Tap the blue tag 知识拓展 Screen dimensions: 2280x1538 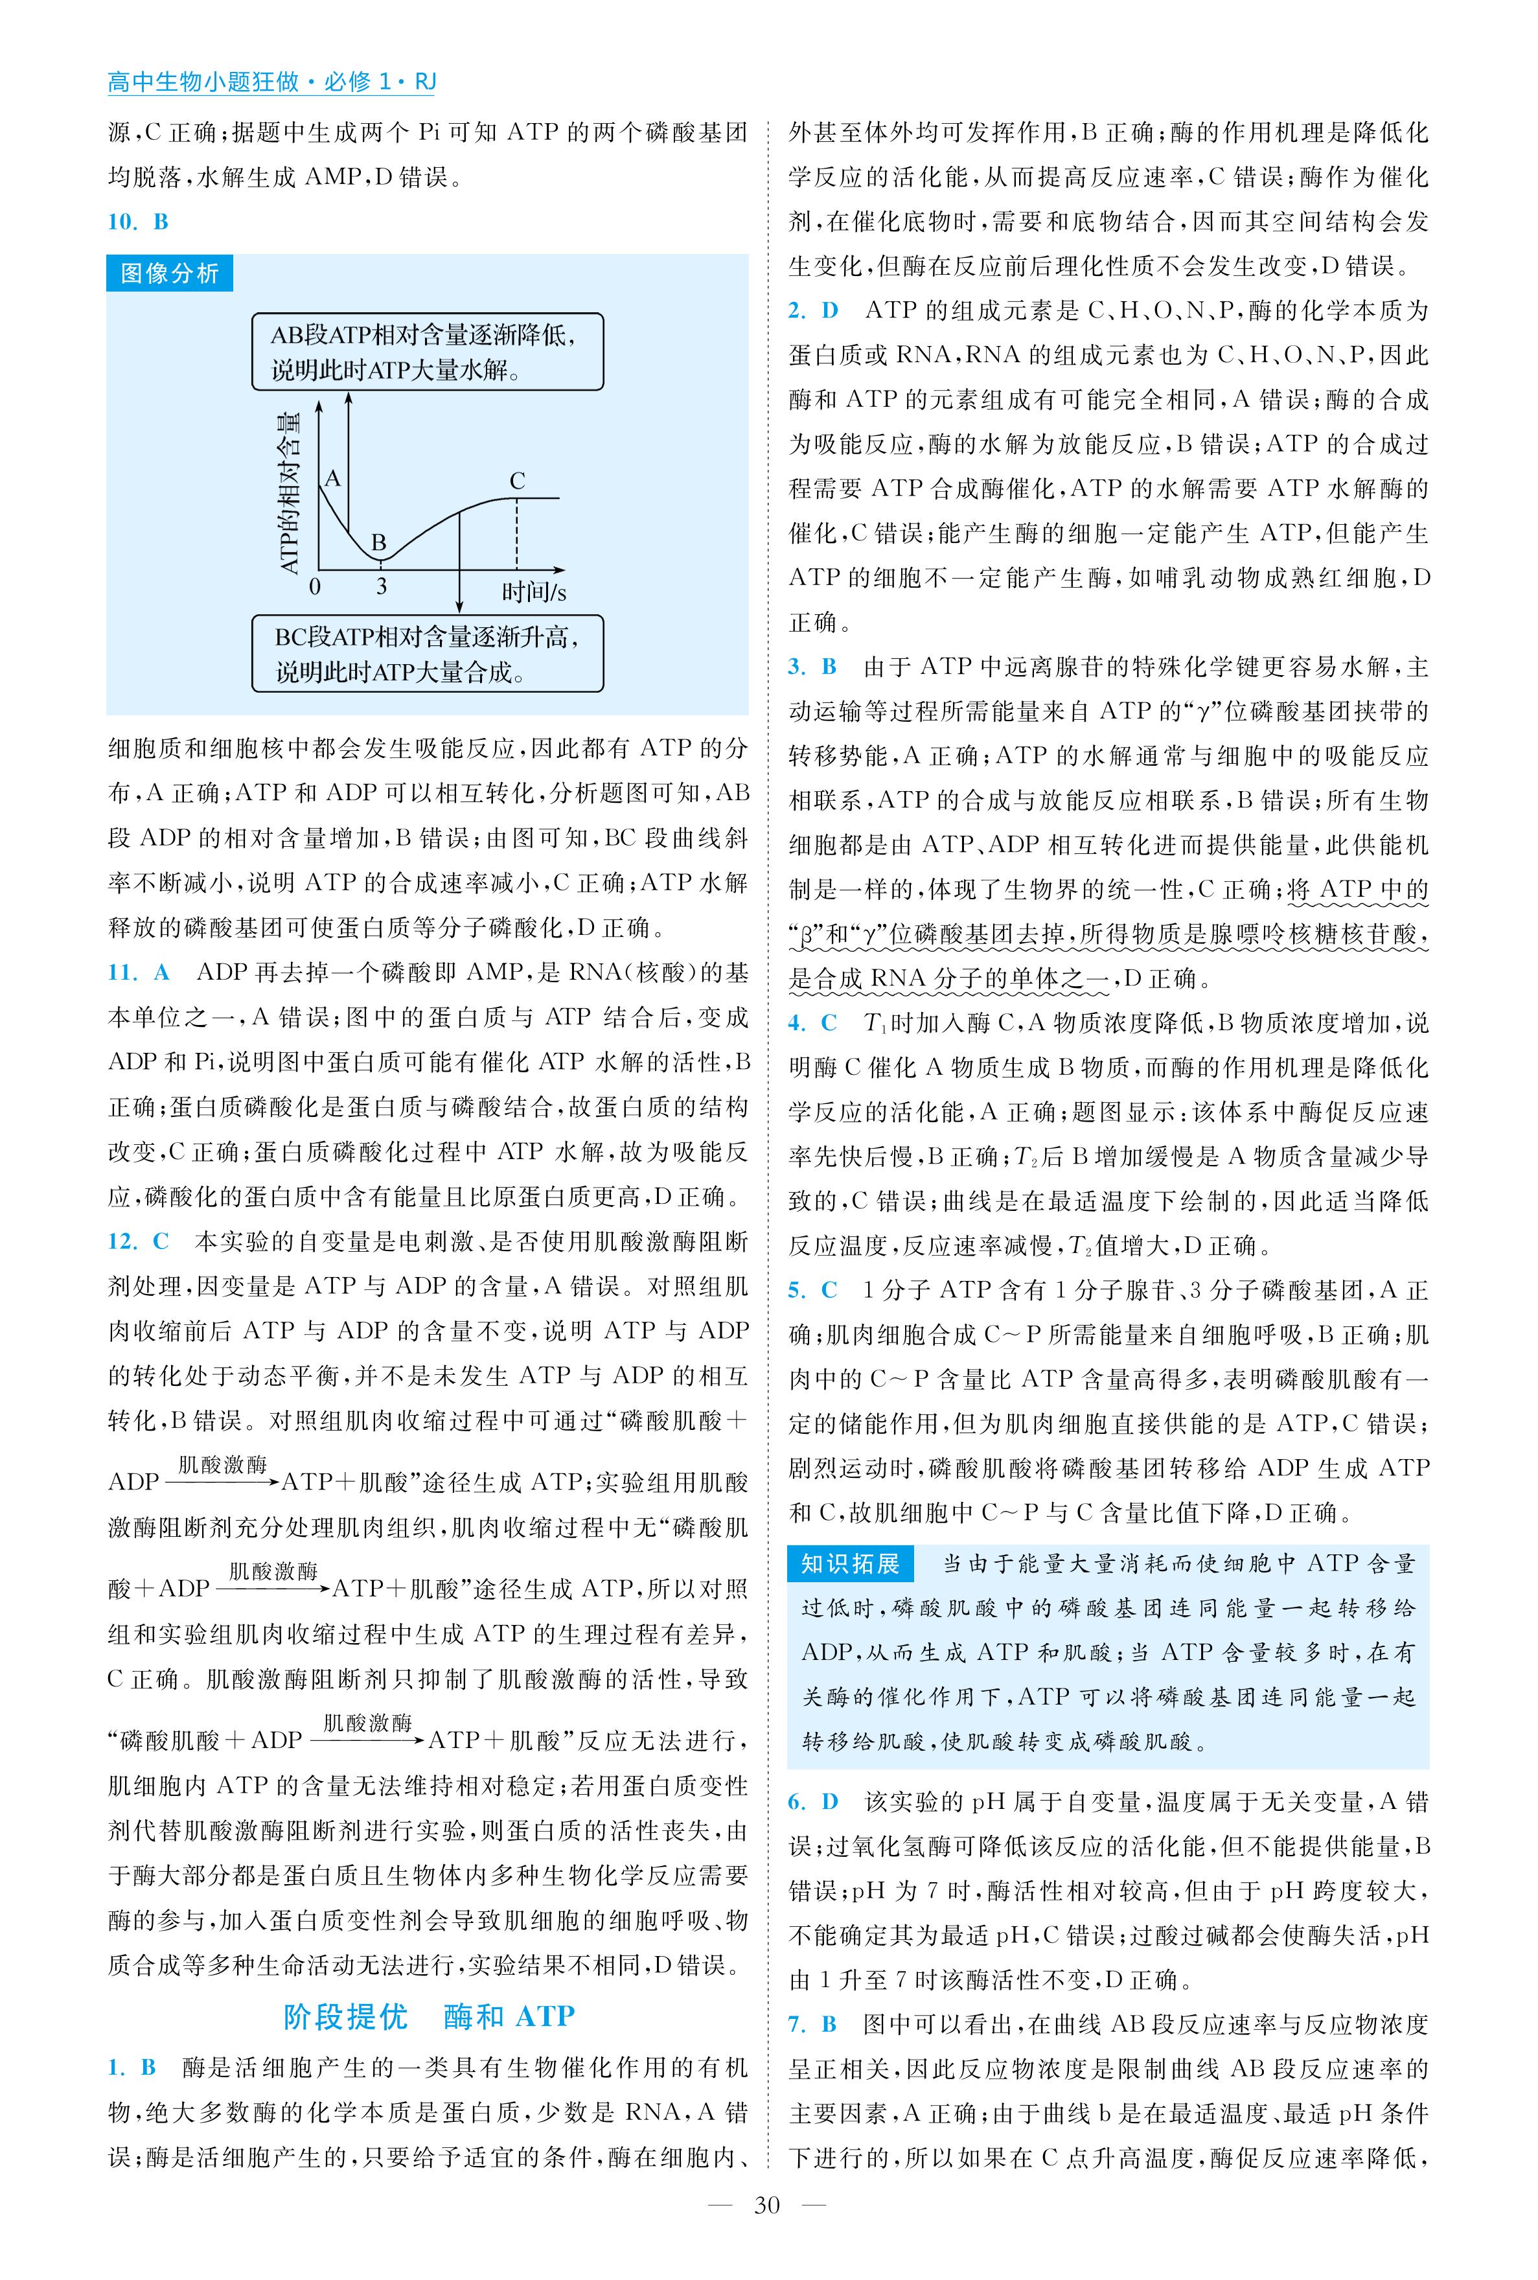[x=849, y=1562]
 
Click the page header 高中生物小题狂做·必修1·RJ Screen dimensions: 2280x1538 [x=271, y=82]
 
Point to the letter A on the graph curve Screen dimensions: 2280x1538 [x=332, y=479]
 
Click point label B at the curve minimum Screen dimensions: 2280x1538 [x=378, y=542]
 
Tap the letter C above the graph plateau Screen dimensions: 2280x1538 [x=517, y=481]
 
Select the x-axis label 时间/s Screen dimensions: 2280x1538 [x=534, y=592]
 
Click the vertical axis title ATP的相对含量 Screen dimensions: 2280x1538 [x=290, y=493]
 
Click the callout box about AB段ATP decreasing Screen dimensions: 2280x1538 [x=427, y=352]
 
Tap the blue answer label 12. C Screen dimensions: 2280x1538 [x=138, y=1241]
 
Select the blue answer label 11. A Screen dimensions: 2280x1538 [x=138, y=973]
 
